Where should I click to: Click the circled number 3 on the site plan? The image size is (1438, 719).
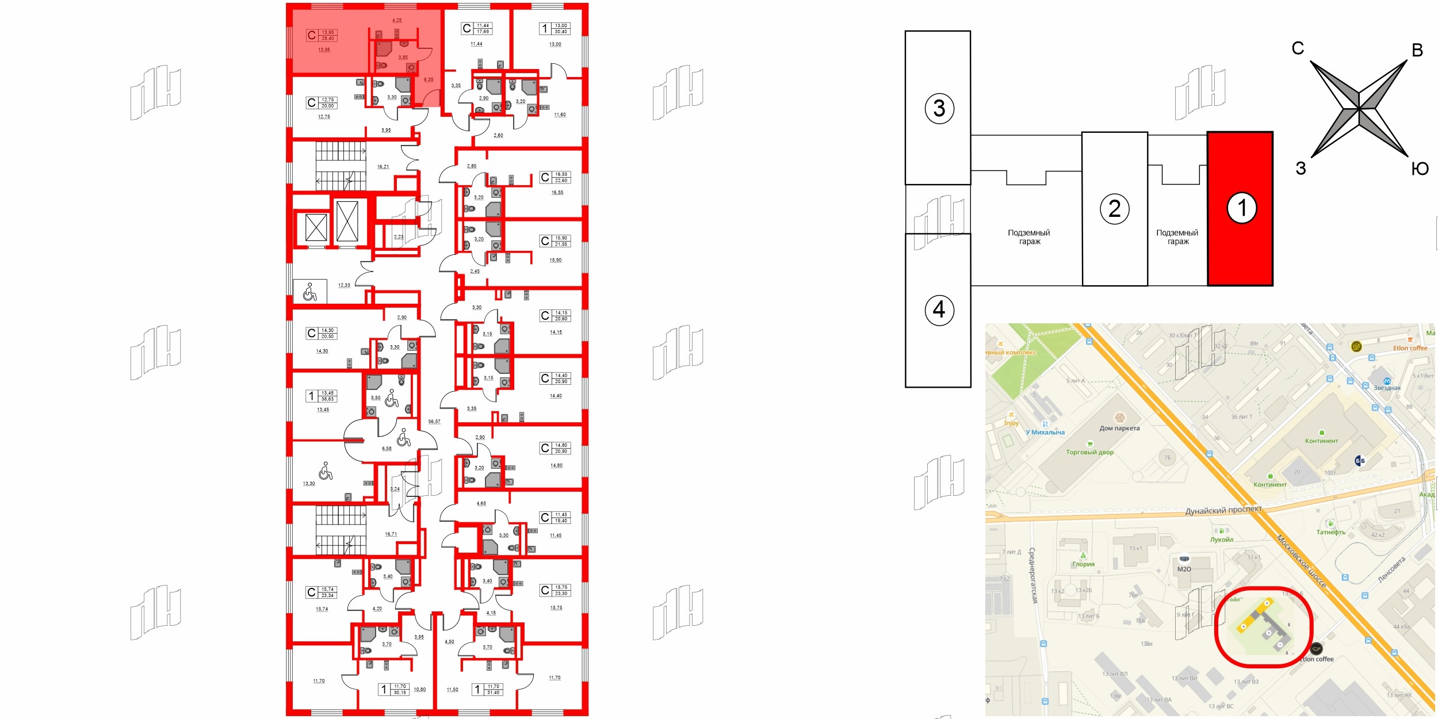pyautogui.click(x=939, y=108)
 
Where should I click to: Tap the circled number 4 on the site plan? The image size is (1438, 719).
pyautogui.click(x=939, y=310)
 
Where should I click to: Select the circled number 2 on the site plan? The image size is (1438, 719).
pyautogui.click(x=1114, y=209)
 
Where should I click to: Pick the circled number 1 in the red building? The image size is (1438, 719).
pyautogui.click(x=1241, y=208)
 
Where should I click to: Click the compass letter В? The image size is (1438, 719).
pyautogui.click(x=1417, y=51)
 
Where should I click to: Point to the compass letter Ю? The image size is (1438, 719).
pyautogui.click(x=1420, y=169)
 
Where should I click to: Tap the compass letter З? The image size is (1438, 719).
pyautogui.click(x=1301, y=169)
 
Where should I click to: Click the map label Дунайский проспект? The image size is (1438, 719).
pyautogui.click(x=1223, y=510)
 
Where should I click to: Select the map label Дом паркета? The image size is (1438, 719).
pyautogui.click(x=1119, y=428)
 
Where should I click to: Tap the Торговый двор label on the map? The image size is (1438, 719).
pyautogui.click(x=1089, y=452)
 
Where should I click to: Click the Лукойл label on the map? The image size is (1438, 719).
pyautogui.click(x=1221, y=540)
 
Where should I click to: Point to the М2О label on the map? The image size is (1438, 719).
pyautogui.click(x=1184, y=569)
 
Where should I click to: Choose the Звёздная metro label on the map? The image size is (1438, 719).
pyautogui.click(x=1387, y=388)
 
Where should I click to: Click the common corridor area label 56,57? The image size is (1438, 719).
pyautogui.click(x=434, y=422)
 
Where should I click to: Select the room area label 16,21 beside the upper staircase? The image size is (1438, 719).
pyautogui.click(x=383, y=167)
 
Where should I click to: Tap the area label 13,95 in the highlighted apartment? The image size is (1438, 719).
pyautogui.click(x=324, y=50)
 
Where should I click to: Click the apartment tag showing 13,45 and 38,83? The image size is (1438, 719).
pyautogui.click(x=322, y=396)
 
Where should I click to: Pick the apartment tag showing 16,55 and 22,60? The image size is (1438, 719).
pyautogui.click(x=555, y=177)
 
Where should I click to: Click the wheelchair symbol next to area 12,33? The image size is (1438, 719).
pyautogui.click(x=309, y=292)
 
